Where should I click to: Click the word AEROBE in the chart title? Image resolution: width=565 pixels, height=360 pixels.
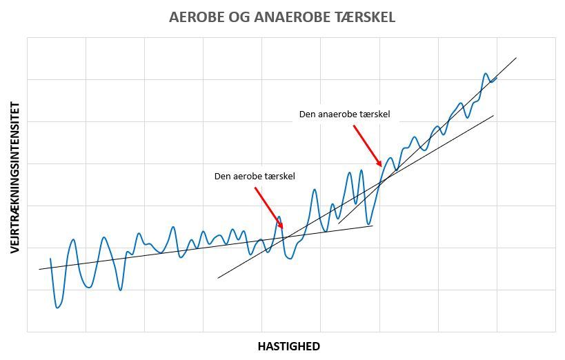click(195, 17)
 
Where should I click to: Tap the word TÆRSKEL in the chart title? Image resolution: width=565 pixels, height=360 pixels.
click(363, 17)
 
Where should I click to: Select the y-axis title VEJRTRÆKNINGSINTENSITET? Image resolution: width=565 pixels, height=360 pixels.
click(15, 178)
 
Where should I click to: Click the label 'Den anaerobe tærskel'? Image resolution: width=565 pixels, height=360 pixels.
click(345, 114)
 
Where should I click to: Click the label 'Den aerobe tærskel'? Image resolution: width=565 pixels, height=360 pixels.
click(255, 177)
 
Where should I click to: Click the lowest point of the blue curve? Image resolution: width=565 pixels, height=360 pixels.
click(57, 308)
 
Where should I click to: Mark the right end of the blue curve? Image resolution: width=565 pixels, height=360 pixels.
click(497, 78)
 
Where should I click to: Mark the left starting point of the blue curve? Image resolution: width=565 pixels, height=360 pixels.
click(50, 259)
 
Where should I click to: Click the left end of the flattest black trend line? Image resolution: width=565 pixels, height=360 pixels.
click(39, 269)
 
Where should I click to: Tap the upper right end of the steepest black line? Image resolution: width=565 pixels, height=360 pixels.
click(516, 58)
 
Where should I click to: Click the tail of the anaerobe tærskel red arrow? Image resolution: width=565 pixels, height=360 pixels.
click(353, 126)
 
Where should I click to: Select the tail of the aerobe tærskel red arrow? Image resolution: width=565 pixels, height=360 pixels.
click(255, 188)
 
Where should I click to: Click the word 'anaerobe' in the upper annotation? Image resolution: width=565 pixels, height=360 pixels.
click(341, 114)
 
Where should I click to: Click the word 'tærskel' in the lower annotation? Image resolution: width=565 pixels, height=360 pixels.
click(280, 177)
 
